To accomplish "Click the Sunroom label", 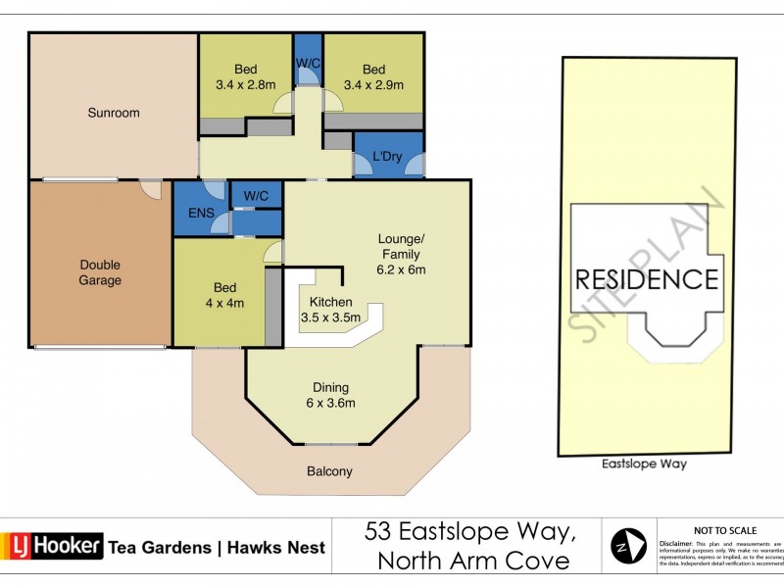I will coord(114,113).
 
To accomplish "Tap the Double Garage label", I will coord(100,272).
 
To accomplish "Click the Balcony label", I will coord(329,471).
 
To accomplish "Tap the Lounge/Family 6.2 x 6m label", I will coord(403,254).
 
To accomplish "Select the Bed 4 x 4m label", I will coord(224,295).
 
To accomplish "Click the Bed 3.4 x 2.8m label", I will coord(245,76).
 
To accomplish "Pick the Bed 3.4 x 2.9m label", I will coord(373,76).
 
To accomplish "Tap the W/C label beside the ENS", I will coord(257,196).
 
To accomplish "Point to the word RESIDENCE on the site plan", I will coord(646,279).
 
